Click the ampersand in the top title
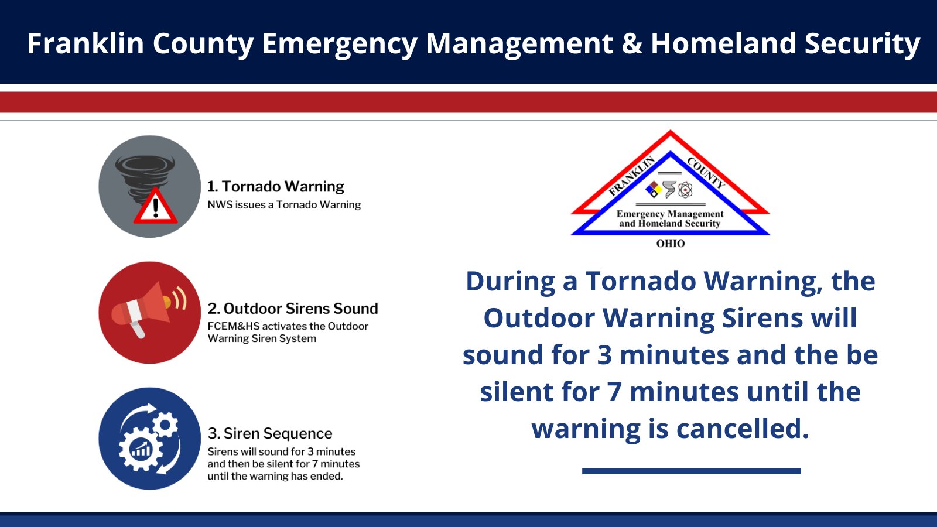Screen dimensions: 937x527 point(632,43)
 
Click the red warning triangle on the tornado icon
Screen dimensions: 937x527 point(156,206)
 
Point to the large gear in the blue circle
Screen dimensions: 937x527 point(140,450)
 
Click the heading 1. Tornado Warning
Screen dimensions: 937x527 point(276,186)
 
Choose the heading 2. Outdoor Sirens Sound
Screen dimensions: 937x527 point(293,308)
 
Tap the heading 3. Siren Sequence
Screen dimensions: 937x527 point(270,433)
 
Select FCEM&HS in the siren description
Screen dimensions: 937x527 point(234,326)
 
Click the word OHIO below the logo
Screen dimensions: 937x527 point(671,244)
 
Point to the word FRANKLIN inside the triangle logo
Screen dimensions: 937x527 point(632,176)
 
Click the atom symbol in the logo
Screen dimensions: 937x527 point(685,190)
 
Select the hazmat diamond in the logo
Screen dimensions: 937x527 point(654,190)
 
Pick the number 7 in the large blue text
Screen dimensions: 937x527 point(614,392)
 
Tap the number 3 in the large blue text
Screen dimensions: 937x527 point(604,355)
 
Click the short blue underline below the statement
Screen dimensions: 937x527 point(692,471)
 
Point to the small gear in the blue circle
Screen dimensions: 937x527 point(165,425)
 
